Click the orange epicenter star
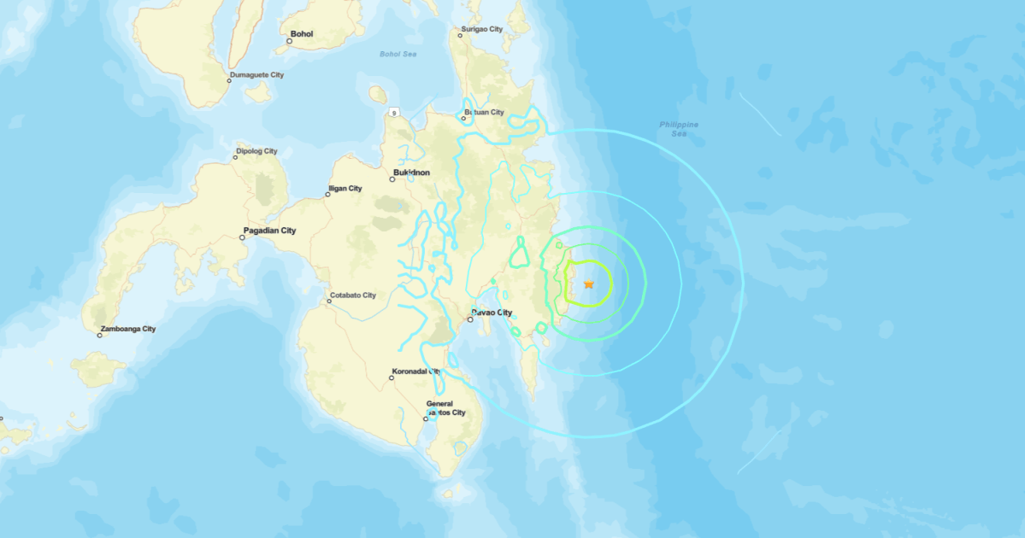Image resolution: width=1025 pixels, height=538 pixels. (588, 284)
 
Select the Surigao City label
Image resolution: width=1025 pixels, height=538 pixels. (482, 29)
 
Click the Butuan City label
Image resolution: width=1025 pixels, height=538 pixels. (484, 112)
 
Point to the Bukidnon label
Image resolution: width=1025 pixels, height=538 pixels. (411, 173)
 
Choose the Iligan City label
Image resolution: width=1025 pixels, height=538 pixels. (345, 189)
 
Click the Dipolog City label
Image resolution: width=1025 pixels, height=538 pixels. (256, 151)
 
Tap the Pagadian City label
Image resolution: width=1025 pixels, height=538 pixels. (269, 231)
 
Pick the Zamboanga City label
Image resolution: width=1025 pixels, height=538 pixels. (128, 329)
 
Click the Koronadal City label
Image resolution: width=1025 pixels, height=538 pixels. (415, 371)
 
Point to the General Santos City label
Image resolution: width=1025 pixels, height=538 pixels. (446, 408)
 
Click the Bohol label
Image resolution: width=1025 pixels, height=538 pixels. (302, 34)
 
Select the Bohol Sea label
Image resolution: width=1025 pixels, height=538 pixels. (398, 54)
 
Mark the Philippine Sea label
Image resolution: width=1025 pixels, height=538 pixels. (679, 129)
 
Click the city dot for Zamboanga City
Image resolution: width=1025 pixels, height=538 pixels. (100, 335)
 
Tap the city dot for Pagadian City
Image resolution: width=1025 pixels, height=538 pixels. (243, 237)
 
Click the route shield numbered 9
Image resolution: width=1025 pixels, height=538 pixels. (394, 112)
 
